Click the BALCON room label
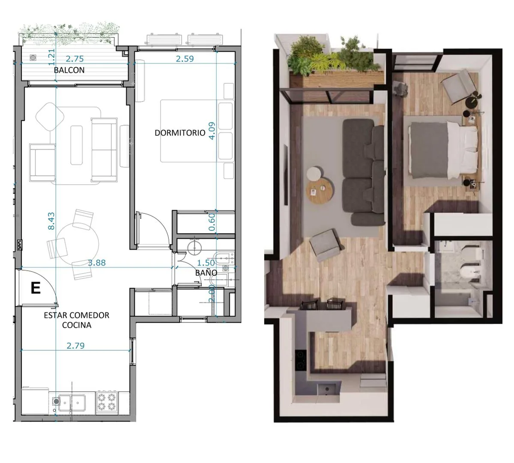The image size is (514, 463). pyautogui.click(x=69, y=70)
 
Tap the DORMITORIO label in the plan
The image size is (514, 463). pyautogui.click(x=180, y=133)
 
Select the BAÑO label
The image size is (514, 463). pyautogui.click(x=206, y=273)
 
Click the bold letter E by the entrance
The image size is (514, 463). pyautogui.click(x=36, y=288)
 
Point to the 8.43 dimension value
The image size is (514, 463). pyautogui.click(x=51, y=221)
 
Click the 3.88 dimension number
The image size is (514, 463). pyautogui.click(x=97, y=263)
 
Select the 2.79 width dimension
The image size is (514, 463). pyautogui.click(x=75, y=346)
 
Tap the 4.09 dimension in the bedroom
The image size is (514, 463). pyautogui.click(x=212, y=131)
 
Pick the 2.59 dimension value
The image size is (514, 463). pyautogui.click(x=185, y=59)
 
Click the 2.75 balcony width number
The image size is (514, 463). pyautogui.click(x=75, y=59)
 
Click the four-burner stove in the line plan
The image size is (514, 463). pyautogui.click(x=107, y=403)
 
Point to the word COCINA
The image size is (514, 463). pyautogui.click(x=77, y=325)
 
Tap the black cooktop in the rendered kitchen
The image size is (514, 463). pyautogui.click(x=300, y=360)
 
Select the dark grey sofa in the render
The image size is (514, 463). pyautogui.click(x=364, y=172)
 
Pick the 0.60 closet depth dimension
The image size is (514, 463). pyautogui.click(x=212, y=222)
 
